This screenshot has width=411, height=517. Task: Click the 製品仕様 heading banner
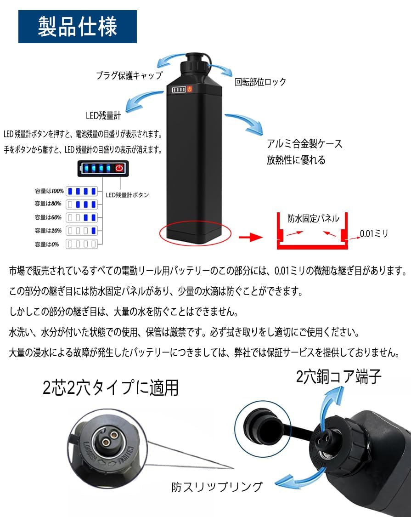[x=78, y=27]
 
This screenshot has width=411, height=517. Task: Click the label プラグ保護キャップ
[x=129, y=76]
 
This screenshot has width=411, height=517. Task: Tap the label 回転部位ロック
[x=260, y=82]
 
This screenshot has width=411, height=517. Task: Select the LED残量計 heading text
[x=103, y=116]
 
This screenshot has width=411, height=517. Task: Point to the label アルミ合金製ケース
[x=304, y=144]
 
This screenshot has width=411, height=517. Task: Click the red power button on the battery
[x=189, y=89]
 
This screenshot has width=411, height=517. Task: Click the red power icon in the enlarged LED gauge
[x=119, y=168]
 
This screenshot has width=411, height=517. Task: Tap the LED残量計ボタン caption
[x=127, y=195]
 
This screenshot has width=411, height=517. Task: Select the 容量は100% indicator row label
[x=48, y=191]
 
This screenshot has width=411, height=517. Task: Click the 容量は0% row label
[x=47, y=244]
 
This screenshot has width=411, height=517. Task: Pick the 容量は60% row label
[x=48, y=217]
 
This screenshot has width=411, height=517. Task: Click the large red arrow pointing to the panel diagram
[x=250, y=237]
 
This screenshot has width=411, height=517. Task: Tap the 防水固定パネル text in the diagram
[x=313, y=219]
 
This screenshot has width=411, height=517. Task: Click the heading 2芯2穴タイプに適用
[x=111, y=388]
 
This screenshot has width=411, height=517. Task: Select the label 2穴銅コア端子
[x=339, y=377]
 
